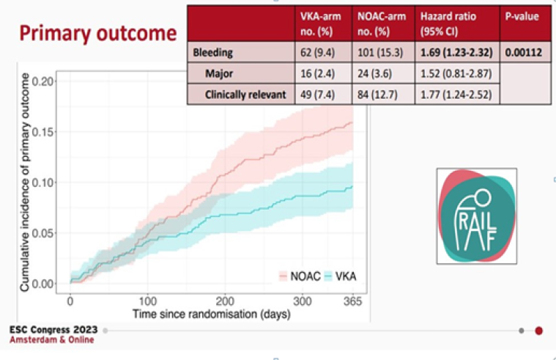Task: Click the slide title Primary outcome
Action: point(97,33)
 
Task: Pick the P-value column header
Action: point(522,17)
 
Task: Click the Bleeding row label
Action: point(213,52)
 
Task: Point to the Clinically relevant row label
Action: point(245,94)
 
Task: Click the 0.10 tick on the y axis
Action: point(45,182)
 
